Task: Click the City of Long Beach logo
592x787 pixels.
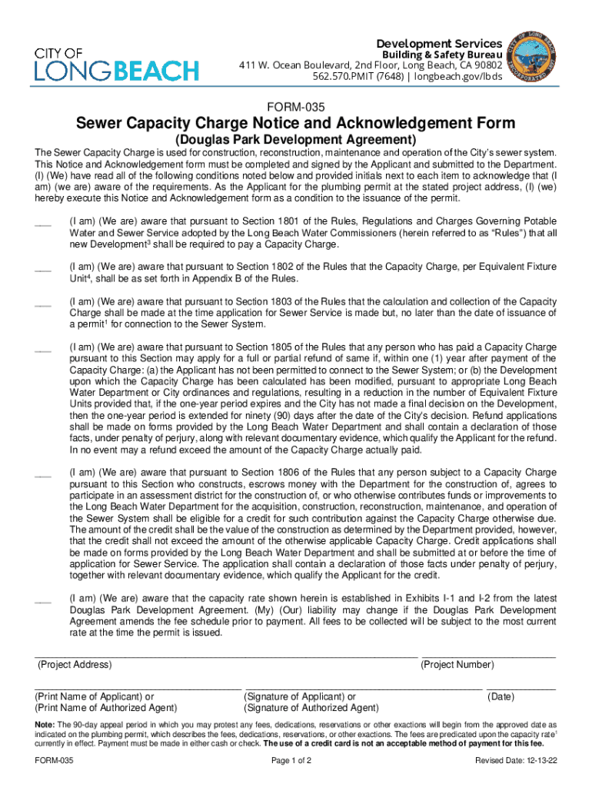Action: coord(115,64)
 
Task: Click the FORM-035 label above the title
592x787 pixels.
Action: coord(296,107)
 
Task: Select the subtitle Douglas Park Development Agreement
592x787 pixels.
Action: coord(296,141)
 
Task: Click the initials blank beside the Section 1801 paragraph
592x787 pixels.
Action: coord(43,223)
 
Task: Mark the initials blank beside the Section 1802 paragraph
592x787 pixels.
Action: coord(43,269)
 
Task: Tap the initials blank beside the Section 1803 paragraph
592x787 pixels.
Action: coord(43,304)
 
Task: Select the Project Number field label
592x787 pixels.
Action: coord(457,665)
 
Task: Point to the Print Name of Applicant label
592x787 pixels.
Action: coord(95,697)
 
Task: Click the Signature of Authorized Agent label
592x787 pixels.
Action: coord(311,708)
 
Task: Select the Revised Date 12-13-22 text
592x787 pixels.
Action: coord(515,761)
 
